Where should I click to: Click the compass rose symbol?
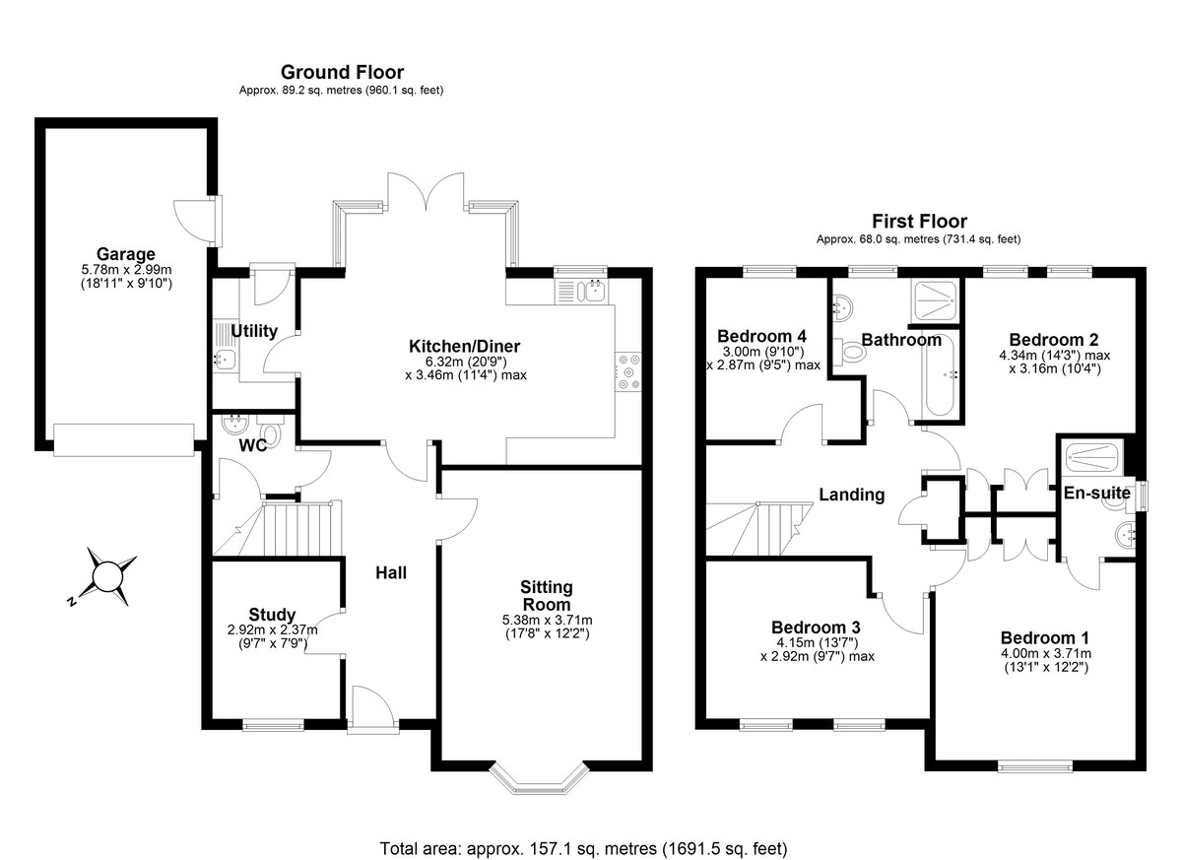click(106, 575)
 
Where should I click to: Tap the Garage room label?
click(126, 255)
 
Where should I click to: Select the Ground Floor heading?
click(342, 72)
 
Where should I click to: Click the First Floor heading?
click(919, 222)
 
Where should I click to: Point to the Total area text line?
click(583, 847)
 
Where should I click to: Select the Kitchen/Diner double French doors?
click(426, 192)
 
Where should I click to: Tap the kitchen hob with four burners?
click(627, 371)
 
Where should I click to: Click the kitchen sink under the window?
click(582, 291)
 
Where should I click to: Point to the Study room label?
click(272, 615)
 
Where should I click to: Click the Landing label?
click(851, 495)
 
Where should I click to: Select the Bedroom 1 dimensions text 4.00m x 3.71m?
click(1044, 653)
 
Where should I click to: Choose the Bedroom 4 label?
click(762, 334)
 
